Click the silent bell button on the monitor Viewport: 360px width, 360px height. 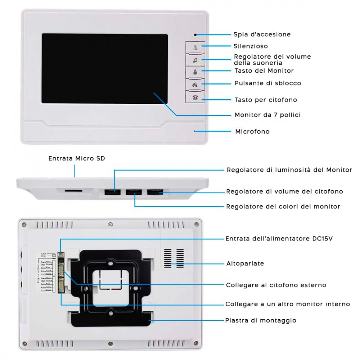point(195,48)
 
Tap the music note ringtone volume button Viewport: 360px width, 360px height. point(195,60)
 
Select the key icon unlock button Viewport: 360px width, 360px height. point(195,85)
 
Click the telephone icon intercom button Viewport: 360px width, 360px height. point(195,97)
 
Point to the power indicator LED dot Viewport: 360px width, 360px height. point(195,35)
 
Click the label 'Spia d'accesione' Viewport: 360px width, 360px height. point(262,35)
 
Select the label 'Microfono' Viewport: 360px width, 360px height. point(252,131)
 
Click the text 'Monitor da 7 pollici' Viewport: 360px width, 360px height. point(267,115)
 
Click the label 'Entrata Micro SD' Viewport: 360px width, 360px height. point(77,158)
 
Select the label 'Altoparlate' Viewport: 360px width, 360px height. point(245,264)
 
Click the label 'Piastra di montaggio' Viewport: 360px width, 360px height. point(261,320)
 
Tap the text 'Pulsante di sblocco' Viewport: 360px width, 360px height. point(267,83)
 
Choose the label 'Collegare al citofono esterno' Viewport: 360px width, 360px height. point(276,285)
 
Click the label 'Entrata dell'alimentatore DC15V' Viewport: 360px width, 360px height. point(281,238)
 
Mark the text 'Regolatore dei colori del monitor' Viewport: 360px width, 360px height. point(283,207)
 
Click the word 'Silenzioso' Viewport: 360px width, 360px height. point(251,46)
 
